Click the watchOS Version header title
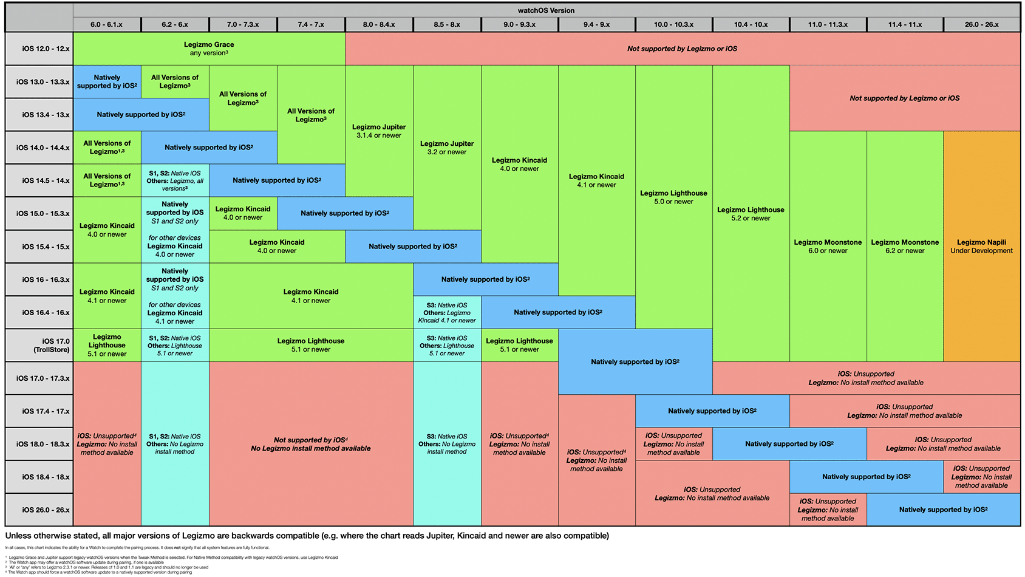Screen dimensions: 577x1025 (546, 10)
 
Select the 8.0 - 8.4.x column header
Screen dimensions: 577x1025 (379, 24)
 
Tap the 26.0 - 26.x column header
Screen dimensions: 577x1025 (981, 24)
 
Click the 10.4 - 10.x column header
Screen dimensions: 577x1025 (751, 24)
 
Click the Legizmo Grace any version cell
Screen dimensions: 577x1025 (209, 49)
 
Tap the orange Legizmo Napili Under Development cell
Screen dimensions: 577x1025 (981, 246)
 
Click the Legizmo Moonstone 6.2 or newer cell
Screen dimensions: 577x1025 (905, 246)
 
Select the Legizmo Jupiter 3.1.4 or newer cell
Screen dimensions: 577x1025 (379, 131)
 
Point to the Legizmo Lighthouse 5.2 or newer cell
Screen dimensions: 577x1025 (751, 214)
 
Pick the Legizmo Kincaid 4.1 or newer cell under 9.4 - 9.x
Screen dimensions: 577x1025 (596, 180)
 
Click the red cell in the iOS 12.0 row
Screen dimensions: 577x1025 (682, 49)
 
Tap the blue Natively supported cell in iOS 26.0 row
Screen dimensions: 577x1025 (943, 510)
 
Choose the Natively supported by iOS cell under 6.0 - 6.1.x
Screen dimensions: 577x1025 (107, 81)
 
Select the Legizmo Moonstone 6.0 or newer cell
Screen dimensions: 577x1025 (828, 246)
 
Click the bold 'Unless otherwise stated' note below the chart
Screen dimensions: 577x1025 (307, 536)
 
